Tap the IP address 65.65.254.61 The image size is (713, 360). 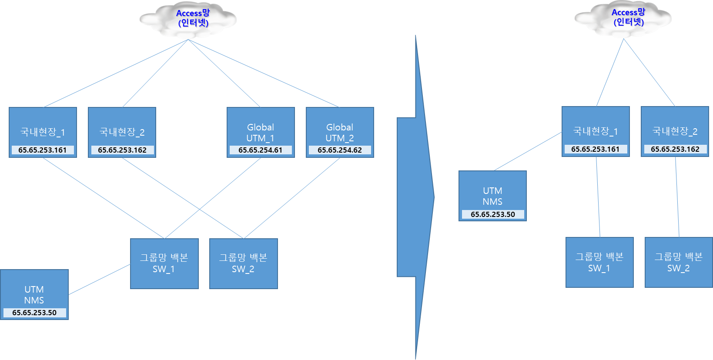(x=260, y=150)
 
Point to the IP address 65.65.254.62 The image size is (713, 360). (x=339, y=150)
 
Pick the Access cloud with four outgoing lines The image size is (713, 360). (x=188, y=20)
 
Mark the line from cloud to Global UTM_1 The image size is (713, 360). (x=224, y=73)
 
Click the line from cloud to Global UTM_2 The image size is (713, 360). (x=264, y=73)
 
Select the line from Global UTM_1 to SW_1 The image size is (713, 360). (x=213, y=198)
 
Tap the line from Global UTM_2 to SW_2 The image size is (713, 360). (x=292, y=198)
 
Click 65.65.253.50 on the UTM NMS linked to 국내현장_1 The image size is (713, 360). (x=492, y=214)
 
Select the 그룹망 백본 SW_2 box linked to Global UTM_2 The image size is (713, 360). (x=243, y=263)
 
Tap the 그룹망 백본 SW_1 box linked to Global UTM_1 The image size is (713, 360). (x=164, y=263)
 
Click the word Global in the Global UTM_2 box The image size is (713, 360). (x=340, y=127)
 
